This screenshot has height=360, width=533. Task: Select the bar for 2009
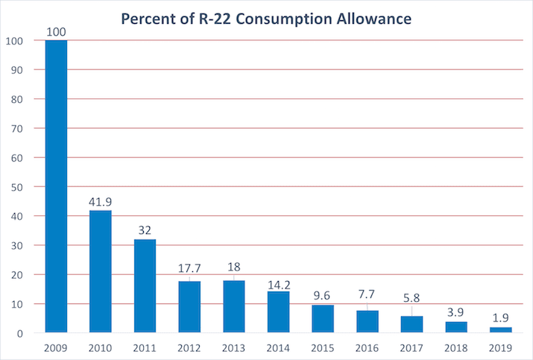(56, 186)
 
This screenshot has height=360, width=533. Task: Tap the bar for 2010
(101, 271)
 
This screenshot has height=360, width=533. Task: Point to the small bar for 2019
(500, 329)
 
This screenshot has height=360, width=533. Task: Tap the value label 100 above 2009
(57, 31)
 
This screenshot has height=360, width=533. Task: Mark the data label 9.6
(322, 294)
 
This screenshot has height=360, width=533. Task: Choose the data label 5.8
(411, 298)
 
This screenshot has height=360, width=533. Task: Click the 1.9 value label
(500, 318)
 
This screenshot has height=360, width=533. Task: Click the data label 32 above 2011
(145, 230)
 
